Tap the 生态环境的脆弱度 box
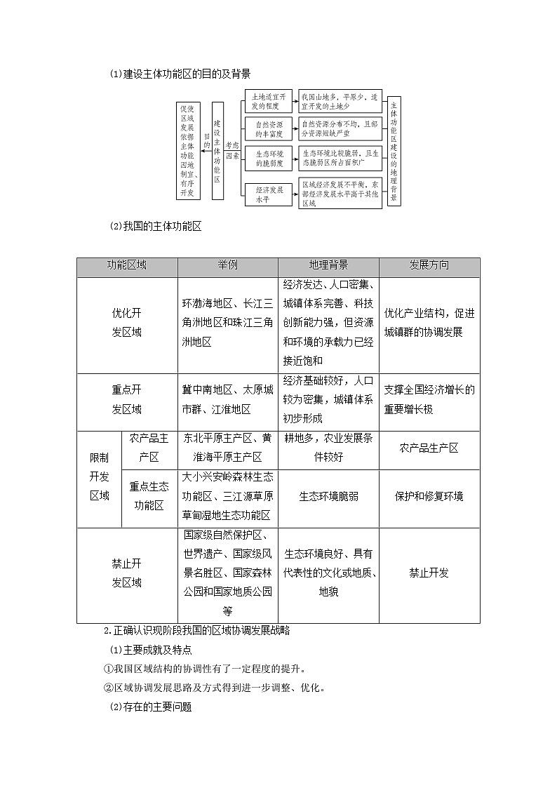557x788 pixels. click(269, 158)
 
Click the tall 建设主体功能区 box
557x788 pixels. click(217, 150)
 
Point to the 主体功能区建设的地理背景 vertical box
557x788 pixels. click(394, 150)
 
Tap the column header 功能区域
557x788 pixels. click(127, 267)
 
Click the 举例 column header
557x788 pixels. click(227, 267)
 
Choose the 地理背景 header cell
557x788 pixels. click(328, 267)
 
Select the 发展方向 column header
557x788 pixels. click(429, 267)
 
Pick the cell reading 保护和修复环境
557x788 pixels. click(429, 496)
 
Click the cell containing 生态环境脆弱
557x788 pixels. click(328, 496)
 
